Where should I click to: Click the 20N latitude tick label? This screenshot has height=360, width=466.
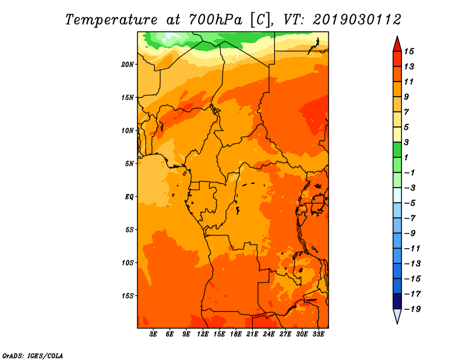128,65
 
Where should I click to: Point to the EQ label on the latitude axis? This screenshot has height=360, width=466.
129,197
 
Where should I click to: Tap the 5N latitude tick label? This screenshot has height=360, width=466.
129,164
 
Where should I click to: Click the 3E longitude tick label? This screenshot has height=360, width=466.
153,334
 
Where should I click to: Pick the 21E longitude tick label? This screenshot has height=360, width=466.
252,334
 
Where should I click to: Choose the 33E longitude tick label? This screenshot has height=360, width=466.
318,334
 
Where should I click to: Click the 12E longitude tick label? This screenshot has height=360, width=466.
203,334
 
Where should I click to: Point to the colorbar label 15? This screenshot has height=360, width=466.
409,51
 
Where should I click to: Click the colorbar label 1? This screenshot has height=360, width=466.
406,157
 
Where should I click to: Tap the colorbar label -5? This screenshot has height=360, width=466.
410,203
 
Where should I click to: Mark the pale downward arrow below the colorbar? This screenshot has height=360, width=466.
397,316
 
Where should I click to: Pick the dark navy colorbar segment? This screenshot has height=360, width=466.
397,301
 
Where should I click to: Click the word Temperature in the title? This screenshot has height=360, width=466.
111,20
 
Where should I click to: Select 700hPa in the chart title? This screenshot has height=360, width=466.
215,20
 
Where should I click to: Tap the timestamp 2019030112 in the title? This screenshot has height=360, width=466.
357,20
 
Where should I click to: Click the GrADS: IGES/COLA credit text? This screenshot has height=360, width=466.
33,356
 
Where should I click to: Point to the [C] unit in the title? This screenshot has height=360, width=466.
260,20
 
